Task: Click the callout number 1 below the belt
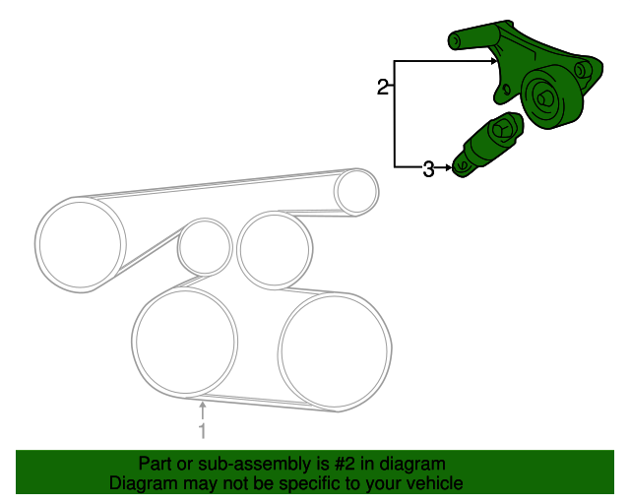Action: coord(203,430)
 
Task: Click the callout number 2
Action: coord(383,87)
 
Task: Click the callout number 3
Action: coord(428,168)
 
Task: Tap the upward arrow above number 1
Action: coord(203,410)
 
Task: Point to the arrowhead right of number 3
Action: coord(449,167)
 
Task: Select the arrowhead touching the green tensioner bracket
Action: coord(494,61)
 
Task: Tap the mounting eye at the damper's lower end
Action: coord(462,166)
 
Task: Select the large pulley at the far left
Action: coord(81,244)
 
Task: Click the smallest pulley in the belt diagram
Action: coord(205,247)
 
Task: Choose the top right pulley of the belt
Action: coord(356,192)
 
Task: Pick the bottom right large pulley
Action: coord(335,351)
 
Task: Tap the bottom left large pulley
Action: coord(185,342)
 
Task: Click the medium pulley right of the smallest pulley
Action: coord(275,249)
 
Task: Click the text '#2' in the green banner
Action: coord(346,464)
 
